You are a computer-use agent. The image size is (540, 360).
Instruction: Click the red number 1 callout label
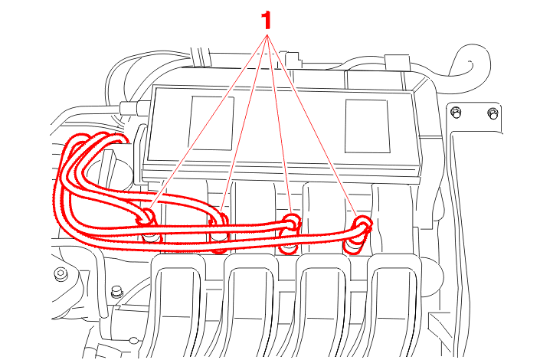[x=267, y=21]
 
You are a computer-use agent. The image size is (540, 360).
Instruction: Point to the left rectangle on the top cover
[x=211, y=123]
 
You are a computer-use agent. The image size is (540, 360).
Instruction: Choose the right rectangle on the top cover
[x=367, y=126]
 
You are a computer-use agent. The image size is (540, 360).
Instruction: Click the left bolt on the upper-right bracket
[x=456, y=113]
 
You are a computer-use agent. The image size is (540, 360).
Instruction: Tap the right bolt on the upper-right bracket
[x=493, y=113]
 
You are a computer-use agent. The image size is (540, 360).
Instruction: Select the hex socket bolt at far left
[x=61, y=274]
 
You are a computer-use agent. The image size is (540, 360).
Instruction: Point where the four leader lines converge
[x=267, y=35]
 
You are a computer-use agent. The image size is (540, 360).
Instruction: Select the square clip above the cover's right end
[x=398, y=62]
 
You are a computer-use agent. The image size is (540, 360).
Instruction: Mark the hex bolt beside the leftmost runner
[x=117, y=292]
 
